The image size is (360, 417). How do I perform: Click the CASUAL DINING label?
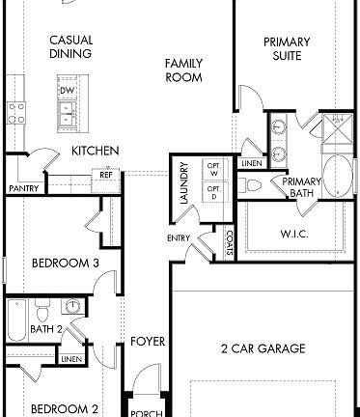(70, 47)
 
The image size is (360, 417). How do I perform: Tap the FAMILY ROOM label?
(182, 70)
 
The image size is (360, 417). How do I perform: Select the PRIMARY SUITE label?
(287, 48)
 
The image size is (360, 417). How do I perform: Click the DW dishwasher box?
(67, 91)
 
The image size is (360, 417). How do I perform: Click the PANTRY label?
(22, 188)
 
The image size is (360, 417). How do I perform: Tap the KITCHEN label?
(96, 152)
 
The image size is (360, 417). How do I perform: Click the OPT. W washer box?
(214, 170)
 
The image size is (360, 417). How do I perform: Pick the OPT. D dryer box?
(214, 192)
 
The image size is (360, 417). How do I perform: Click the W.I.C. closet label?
(294, 233)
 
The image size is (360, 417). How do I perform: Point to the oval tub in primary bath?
(337, 177)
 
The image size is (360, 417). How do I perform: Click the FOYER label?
(148, 342)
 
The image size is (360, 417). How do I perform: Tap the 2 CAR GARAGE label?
(263, 347)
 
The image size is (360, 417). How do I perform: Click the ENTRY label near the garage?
(179, 237)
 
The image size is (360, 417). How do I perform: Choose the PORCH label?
(147, 413)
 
